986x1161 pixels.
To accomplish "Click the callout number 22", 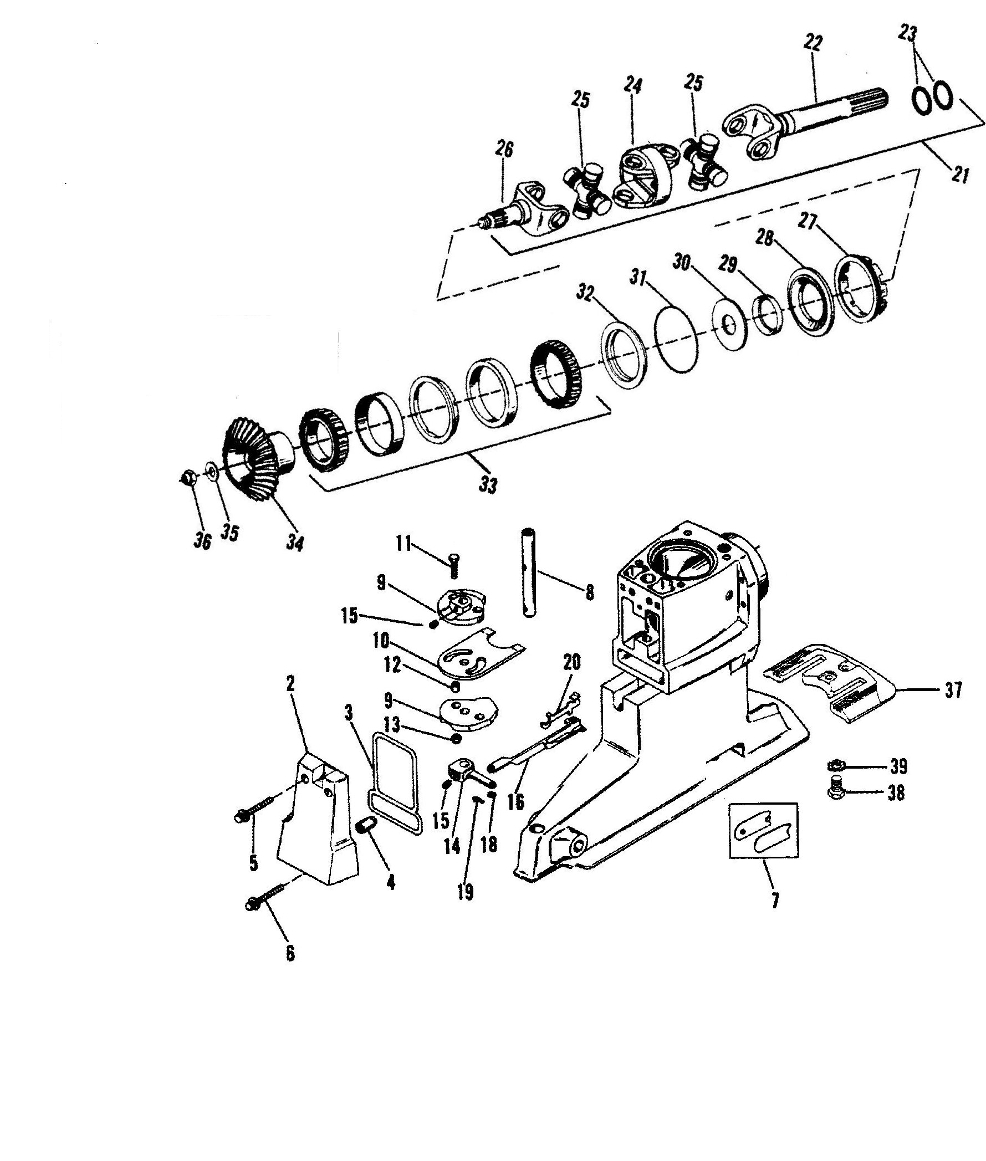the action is tap(813, 43).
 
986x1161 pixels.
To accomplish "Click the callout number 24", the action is tap(634, 86).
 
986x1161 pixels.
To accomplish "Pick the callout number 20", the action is tap(572, 662).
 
